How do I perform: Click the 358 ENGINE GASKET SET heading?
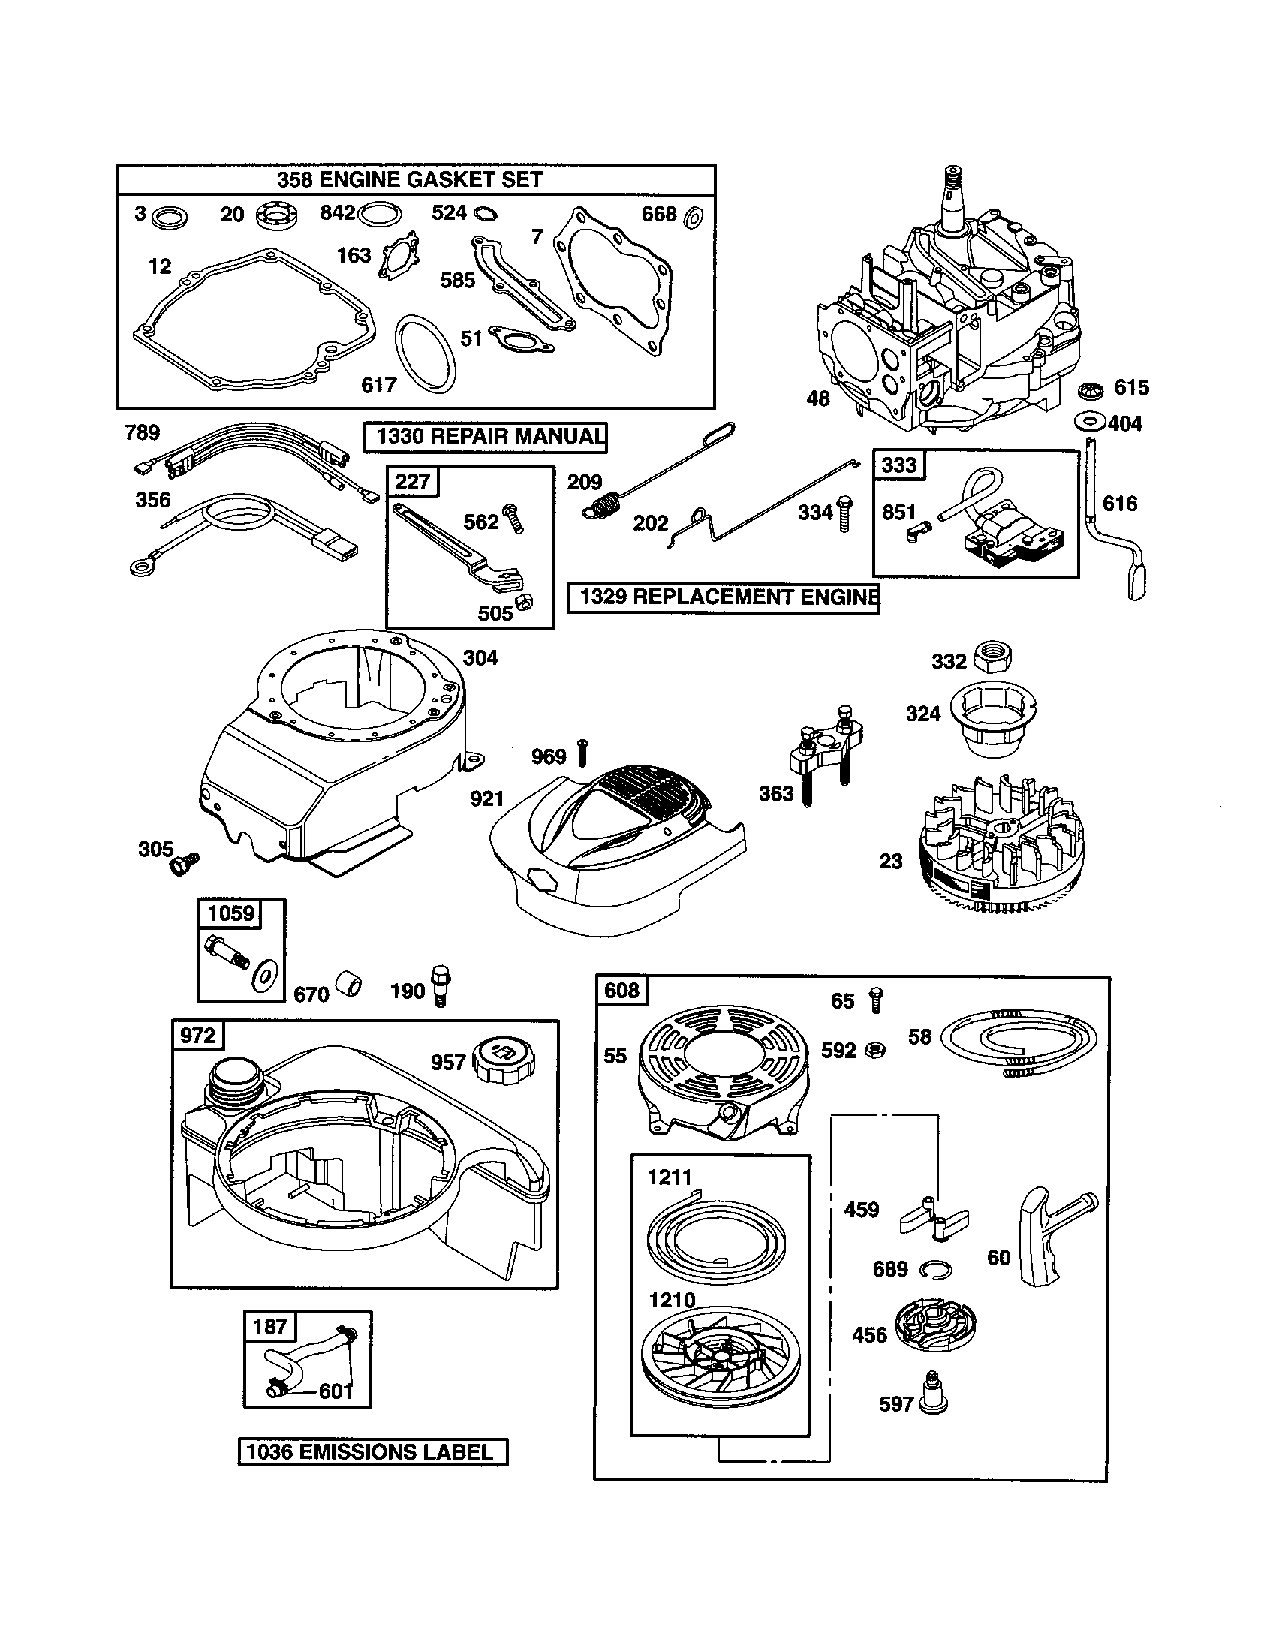[410, 180]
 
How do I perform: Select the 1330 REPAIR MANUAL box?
[486, 436]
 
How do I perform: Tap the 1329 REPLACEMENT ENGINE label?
[724, 597]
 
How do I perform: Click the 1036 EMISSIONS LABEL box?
[373, 1451]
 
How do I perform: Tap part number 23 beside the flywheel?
[891, 861]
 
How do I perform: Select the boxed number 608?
[621, 991]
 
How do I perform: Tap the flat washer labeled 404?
[1089, 421]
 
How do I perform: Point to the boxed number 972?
[197, 1035]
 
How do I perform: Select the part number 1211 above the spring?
[670, 1177]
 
